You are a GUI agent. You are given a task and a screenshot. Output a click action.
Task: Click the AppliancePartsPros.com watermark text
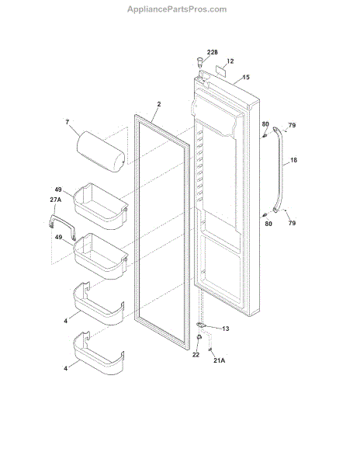click(177, 9)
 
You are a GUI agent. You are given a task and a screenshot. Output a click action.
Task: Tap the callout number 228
click(213, 52)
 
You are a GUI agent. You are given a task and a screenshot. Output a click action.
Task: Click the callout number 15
click(246, 77)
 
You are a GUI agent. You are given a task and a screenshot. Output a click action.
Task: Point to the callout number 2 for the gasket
click(159, 104)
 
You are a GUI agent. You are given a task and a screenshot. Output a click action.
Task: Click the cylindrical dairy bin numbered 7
click(101, 151)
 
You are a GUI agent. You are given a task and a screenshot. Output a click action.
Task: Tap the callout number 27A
click(56, 200)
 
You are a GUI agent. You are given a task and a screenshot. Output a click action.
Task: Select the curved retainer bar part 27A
click(62, 228)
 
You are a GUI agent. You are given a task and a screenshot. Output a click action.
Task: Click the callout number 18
click(293, 160)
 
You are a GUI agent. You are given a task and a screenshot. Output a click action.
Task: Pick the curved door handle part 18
click(279, 169)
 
